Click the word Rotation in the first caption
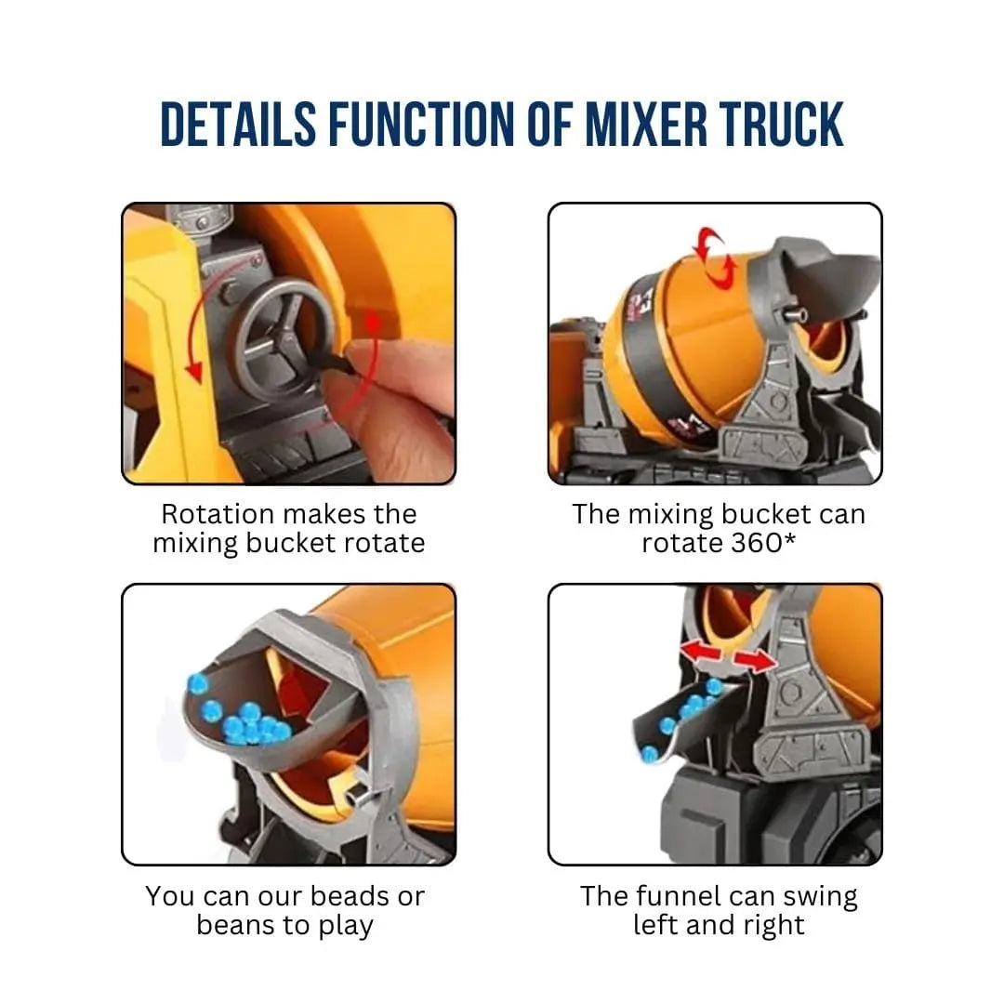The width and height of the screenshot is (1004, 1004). (218, 514)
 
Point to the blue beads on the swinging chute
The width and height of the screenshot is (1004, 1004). (688, 711)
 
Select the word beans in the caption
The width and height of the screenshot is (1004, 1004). (236, 926)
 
